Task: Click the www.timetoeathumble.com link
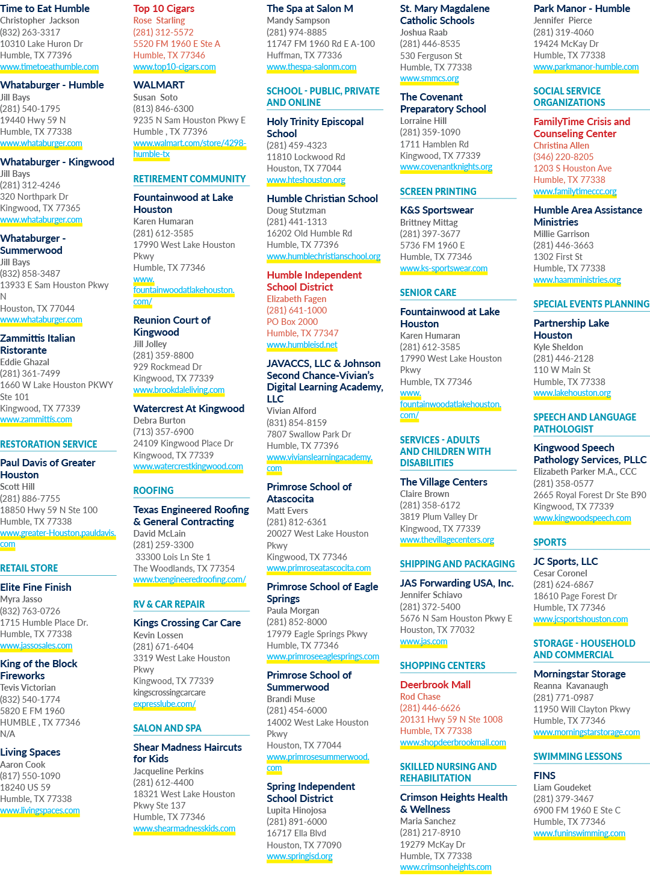[x=49, y=67]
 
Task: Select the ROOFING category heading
[x=153, y=490]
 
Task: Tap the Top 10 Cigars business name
[x=164, y=8]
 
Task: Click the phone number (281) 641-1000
[x=297, y=310]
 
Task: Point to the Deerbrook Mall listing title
[x=435, y=685]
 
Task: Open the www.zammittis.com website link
[x=36, y=419]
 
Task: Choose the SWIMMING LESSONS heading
[x=578, y=756]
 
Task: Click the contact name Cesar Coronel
[x=560, y=573]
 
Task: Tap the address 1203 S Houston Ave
[x=572, y=168]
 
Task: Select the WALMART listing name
[x=159, y=85]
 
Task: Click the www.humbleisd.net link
[x=302, y=345]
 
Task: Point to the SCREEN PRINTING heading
[x=438, y=191]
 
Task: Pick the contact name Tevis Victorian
[x=28, y=688]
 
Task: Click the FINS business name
[x=545, y=776]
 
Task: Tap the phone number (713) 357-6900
[x=163, y=431]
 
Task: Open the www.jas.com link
[x=424, y=641]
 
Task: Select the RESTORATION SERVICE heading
[x=49, y=445]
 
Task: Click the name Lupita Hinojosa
[x=296, y=810]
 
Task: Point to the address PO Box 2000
[x=292, y=321]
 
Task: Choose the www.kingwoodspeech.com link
[x=582, y=518]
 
